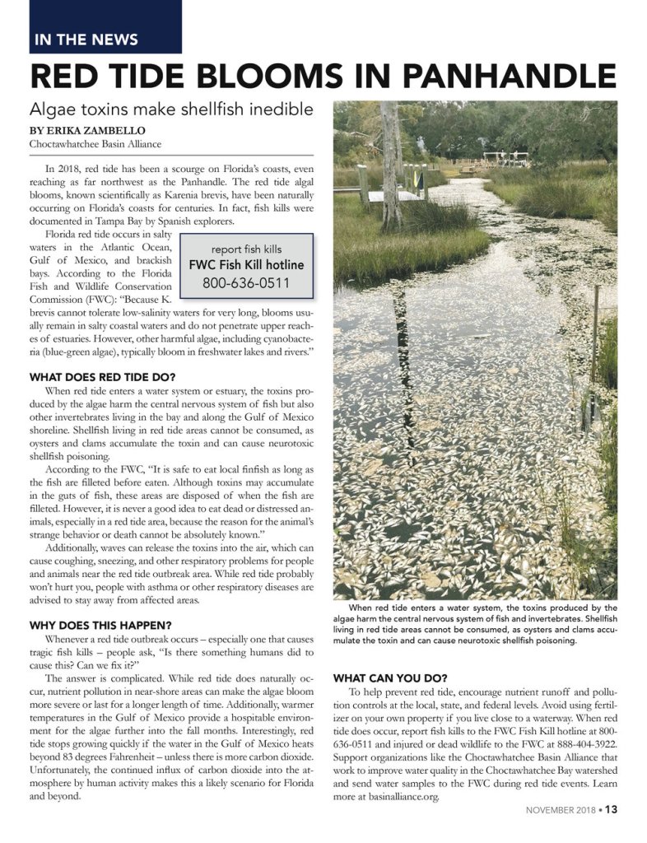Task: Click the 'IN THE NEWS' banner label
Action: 86,40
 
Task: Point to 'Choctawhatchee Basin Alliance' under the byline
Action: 95,144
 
